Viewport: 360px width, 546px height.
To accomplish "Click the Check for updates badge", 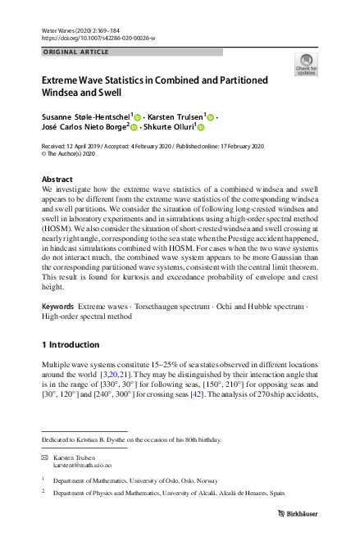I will [306, 65].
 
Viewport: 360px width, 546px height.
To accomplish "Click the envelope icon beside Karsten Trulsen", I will [44, 455].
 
